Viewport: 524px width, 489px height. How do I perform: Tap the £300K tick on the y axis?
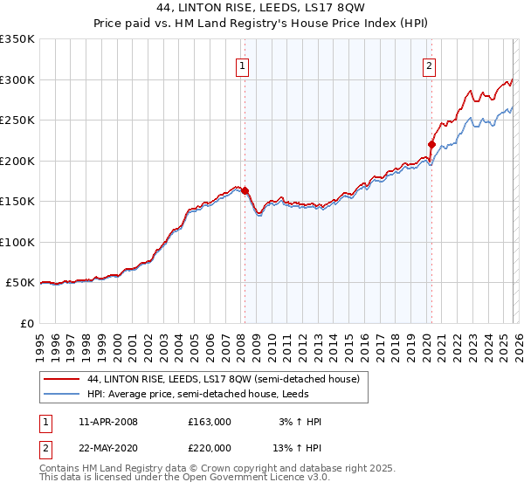17,79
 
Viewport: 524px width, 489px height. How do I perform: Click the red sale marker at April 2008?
245,190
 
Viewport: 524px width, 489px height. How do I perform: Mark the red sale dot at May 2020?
431,144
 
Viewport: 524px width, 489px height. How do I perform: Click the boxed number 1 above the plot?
241,64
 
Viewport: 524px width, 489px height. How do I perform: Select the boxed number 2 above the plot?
430,64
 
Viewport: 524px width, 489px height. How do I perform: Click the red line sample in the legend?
62,379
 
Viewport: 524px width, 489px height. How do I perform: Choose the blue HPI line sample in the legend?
62,395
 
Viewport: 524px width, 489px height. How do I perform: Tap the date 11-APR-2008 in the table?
108,422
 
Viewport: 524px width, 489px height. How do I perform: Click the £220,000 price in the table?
210,448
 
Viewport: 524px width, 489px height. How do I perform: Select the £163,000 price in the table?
210,422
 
